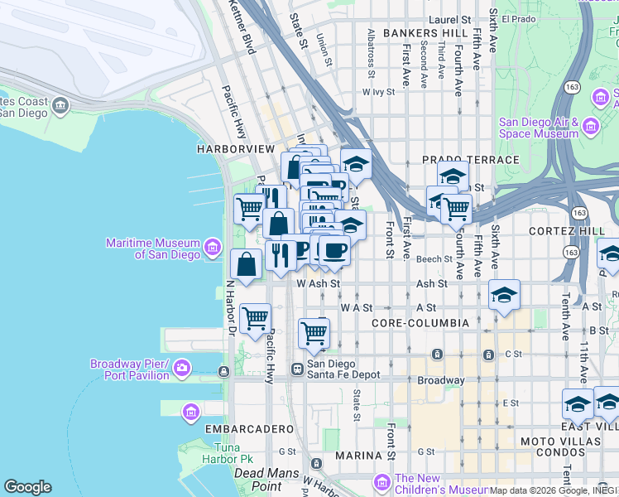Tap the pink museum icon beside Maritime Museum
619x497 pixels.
tap(213, 246)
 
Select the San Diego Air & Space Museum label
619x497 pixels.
tap(539, 127)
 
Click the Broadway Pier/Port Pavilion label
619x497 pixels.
tap(129, 369)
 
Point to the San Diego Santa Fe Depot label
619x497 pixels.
tap(343, 369)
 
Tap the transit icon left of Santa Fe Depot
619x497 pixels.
tap(297, 368)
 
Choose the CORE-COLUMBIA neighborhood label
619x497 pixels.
tap(420, 322)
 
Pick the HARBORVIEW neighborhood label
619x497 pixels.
tap(235, 148)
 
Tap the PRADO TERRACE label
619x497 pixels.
tap(470, 159)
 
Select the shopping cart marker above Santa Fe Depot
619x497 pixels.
tap(314, 333)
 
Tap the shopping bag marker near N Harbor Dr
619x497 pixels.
tap(247, 265)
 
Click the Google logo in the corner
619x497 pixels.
tap(27, 487)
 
